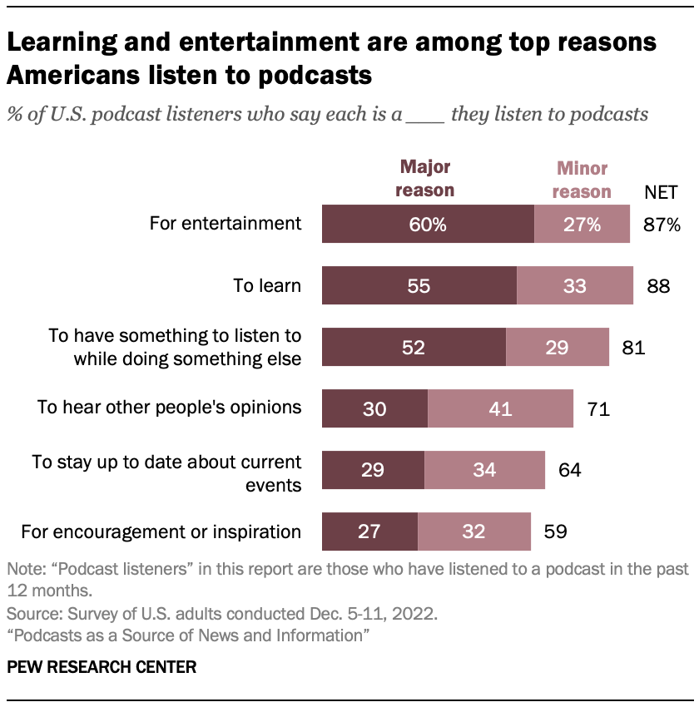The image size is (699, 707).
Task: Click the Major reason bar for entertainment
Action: pyautogui.click(x=428, y=225)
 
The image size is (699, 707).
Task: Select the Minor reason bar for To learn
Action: pyautogui.click(x=574, y=286)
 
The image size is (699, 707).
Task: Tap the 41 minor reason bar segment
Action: pyautogui.click(x=500, y=408)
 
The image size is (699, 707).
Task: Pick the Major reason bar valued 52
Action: pyautogui.click(x=414, y=348)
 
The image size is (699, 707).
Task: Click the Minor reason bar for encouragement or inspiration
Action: pyautogui.click(x=473, y=531)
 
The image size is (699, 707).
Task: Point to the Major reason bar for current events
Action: pyautogui.click(x=373, y=470)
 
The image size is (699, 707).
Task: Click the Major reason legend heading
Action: pyautogui.click(x=424, y=178)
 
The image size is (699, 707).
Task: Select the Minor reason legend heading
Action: pyautogui.click(x=582, y=180)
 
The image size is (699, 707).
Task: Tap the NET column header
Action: pyautogui.click(x=662, y=193)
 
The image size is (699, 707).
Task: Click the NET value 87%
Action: pyautogui.click(x=662, y=225)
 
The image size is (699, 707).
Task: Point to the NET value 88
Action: pyautogui.click(x=658, y=286)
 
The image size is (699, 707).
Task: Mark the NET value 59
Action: pyautogui.click(x=555, y=531)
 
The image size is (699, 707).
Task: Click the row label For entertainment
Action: pyautogui.click(x=225, y=223)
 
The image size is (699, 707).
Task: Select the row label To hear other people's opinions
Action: pyautogui.click(x=170, y=407)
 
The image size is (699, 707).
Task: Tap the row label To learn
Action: pyautogui.click(x=266, y=286)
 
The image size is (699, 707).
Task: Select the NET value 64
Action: pyautogui.click(x=569, y=470)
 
